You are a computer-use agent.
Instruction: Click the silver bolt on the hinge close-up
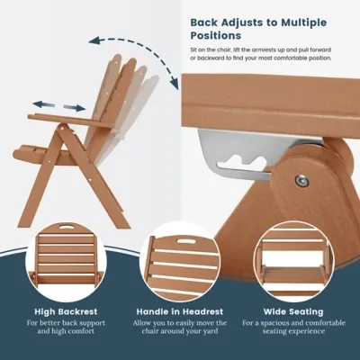pos(301,181)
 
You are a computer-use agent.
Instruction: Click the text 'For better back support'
pos(67,322)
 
